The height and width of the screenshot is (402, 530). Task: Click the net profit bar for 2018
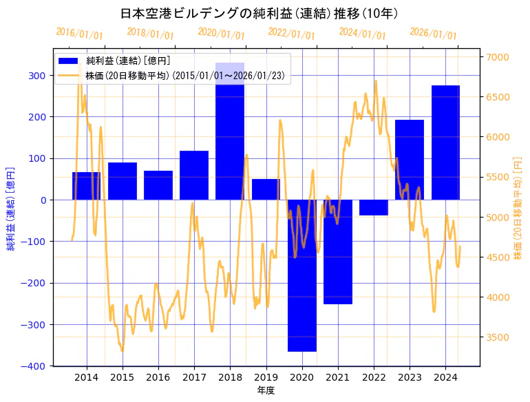[230, 138]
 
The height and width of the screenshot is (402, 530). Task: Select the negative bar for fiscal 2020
[301, 275]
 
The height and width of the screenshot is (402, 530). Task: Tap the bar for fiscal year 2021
[338, 252]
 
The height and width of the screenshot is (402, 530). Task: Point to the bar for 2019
[266, 190]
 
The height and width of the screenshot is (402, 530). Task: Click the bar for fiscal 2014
[86, 187]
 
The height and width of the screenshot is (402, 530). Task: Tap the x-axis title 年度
[266, 390]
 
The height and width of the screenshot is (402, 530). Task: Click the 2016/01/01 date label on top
[79, 34]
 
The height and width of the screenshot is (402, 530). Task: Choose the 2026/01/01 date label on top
[433, 34]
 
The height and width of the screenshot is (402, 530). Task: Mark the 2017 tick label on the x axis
[194, 377]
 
